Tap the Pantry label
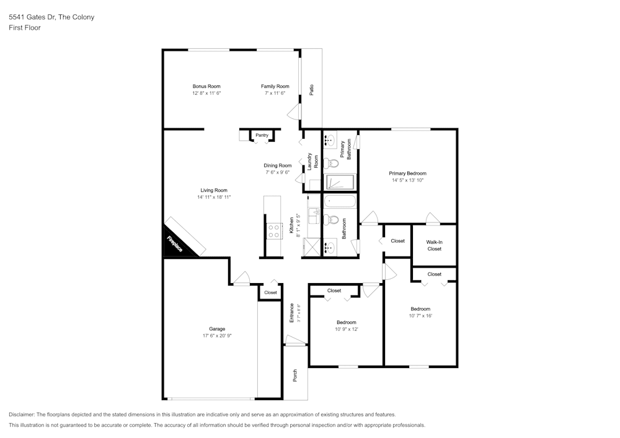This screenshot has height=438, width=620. (x=262, y=135)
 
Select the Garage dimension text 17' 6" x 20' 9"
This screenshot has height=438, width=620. (x=217, y=336)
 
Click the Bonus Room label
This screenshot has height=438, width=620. (x=206, y=86)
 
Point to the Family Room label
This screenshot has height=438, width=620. (x=275, y=86)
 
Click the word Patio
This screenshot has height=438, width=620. (x=312, y=90)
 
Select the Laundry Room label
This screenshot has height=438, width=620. (x=312, y=161)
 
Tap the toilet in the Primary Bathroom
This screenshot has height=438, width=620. (x=331, y=163)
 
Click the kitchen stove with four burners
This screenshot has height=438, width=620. (x=274, y=231)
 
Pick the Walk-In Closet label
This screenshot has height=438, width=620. (x=434, y=245)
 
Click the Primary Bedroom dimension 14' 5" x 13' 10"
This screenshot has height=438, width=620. (x=408, y=180)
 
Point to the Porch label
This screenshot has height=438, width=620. (x=294, y=375)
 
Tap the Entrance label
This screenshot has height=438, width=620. (x=292, y=312)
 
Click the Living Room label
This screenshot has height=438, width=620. (x=214, y=190)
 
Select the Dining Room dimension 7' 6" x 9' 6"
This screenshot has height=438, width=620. (x=278, y=172)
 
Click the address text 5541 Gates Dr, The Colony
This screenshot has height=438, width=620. (x=52, y=17)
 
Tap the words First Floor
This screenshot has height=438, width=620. (x=25, y=28)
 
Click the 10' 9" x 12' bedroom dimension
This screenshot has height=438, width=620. (x=347, y=329)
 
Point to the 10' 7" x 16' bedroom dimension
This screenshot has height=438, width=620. (x=420, y=315)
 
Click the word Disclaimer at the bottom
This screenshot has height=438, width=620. (x=22, y=414)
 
